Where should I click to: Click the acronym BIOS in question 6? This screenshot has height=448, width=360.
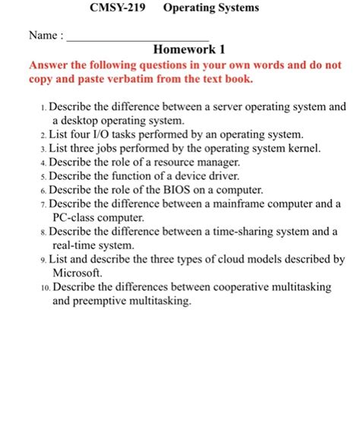172,189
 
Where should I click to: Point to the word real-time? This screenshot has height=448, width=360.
76,245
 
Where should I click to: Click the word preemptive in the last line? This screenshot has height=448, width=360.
103,301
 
